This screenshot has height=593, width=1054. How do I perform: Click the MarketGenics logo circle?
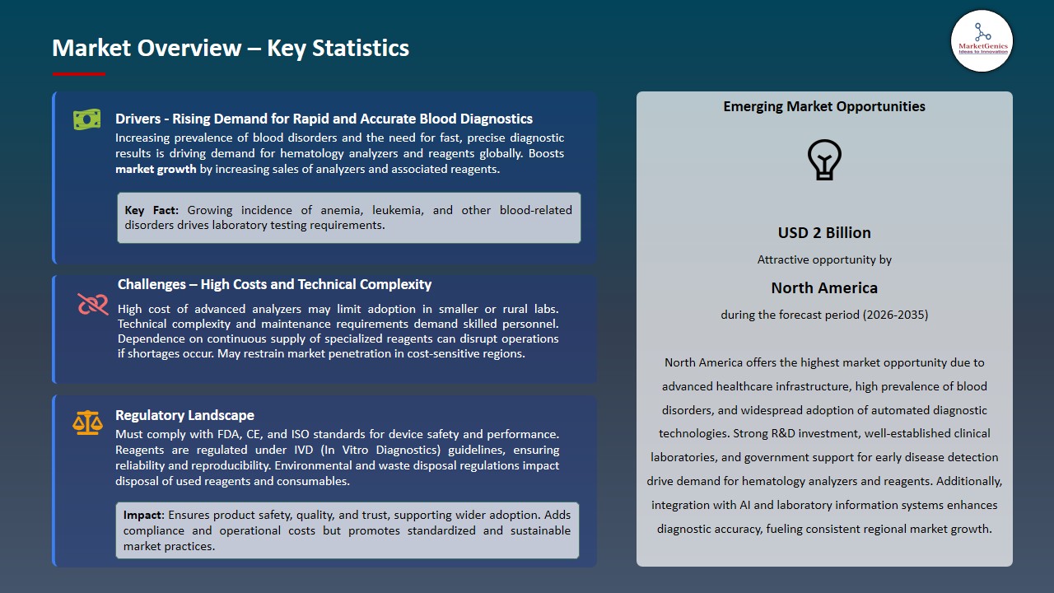point(982,41)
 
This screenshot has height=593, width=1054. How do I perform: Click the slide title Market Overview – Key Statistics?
point(231,49)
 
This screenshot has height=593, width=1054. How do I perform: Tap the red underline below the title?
point(79,74)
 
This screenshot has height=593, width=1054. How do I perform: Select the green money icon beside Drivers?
point(86,119)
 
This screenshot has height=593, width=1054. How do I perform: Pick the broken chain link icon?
point(93,305)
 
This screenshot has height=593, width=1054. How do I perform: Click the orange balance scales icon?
point(87,423)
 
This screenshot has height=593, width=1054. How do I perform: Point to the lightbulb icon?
point(824,160)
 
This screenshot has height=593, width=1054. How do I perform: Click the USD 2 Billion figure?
point(824,233)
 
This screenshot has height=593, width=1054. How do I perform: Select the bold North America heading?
point(824,288)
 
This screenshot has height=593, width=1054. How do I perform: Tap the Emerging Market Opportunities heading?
point(824,106)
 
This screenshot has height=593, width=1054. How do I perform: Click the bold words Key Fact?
point(152,210)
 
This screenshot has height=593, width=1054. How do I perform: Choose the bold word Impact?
point(144,515)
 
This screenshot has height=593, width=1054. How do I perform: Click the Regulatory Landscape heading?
point(184,415)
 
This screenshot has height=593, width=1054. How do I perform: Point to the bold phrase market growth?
point(156,170)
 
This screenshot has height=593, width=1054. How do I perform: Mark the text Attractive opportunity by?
point(824,259)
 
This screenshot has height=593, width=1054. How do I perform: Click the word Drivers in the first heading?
point(137,119)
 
